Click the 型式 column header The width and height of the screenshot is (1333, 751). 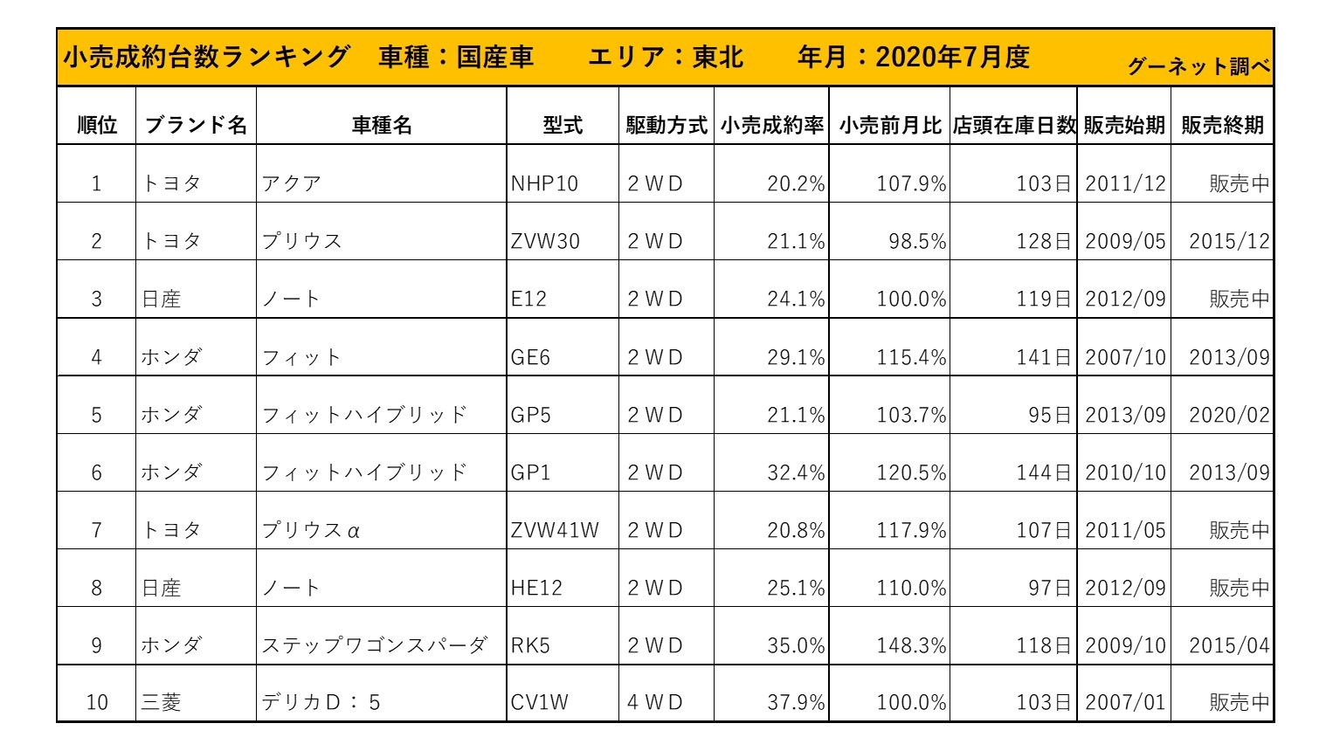[x=563, y=126]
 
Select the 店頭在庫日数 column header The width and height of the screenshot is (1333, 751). [x=1013, y=126]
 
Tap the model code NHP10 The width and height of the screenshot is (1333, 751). [x=544, y=184]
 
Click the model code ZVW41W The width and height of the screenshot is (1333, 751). [x=555, y=530]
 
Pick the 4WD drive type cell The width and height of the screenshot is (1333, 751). [x=655, y=703]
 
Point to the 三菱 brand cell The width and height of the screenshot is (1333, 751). [x=162, y=703]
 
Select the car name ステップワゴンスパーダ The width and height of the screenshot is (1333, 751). [x=375, y=646]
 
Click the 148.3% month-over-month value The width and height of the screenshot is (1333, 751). [x=911, y=646]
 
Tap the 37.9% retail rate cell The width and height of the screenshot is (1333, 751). [x=796, y=703]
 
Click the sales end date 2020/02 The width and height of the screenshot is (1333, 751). [x=1229, y=415]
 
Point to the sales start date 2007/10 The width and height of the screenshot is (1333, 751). [x=1125, y=357]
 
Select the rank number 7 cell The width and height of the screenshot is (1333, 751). [x=96, y=530]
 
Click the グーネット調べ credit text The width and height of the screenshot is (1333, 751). [x=1198, y=66]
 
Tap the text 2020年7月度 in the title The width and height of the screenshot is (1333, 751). [x=952, y=58]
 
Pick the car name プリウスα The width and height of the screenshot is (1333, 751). [x=311, y=530]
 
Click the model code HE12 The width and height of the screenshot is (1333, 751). [x=536, y=588]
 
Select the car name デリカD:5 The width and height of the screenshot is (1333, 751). [x=321, y=703]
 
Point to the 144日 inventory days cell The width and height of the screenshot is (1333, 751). [x=1043, y=472]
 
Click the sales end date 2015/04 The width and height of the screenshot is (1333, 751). [x=1229, y=646]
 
